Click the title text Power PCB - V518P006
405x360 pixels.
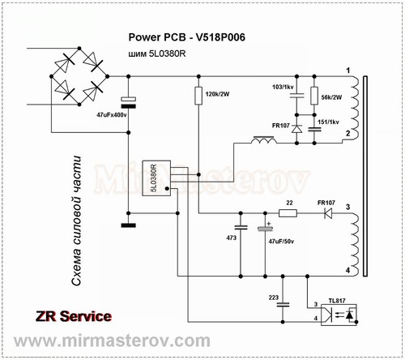click(x=186, y=37)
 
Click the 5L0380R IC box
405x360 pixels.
click(x=156, y=178)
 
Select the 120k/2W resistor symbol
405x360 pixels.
click(x=198, y=96)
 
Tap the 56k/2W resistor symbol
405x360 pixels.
click(x=314, y=96)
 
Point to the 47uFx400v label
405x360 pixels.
click(x=112, y=115)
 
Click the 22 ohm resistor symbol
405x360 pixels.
click(x=288, y=213)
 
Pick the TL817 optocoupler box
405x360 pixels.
click(x=339, y=315)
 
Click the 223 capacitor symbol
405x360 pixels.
click(x=283, y=305)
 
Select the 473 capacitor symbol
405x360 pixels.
click(x=241, y=227)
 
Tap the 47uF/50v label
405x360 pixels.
click(x=281, y=241)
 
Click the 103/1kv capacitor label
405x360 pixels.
click(x=283, y=87)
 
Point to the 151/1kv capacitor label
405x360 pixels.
click(x=328, y=122)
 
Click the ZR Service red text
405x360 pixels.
click(x=74, y=316)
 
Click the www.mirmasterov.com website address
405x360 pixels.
click(x=112, y=341)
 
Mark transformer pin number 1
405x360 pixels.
click(x=348, y=71)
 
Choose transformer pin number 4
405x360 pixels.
click(x=347, y=270)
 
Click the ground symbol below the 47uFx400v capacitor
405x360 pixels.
click(x=129, y=225)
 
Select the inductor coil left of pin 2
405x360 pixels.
click(x=264, y=140)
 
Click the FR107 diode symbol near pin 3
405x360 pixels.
click(x=328, y=213)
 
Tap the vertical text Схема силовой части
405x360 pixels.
click(x=76, y=221)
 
